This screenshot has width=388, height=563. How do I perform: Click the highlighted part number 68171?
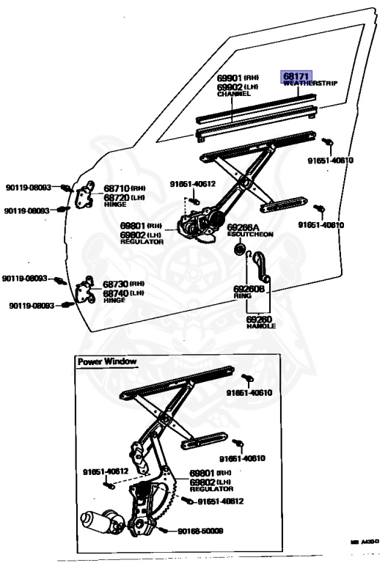[x=298, y=76]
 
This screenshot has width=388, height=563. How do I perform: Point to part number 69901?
[x=230, y=78]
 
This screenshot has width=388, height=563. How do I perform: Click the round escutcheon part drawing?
[x=238, y=251]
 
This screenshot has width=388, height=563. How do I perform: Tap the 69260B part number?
[x=249, y=289]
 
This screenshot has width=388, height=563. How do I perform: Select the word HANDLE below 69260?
[x=260, y=325]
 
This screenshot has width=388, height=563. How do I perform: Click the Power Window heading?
[x=107, y=361]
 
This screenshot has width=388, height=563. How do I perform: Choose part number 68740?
[x=116, y=293]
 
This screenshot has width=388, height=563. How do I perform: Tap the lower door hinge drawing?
[x=87, y=290]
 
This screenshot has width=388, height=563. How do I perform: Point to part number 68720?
[x=116, y=198]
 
